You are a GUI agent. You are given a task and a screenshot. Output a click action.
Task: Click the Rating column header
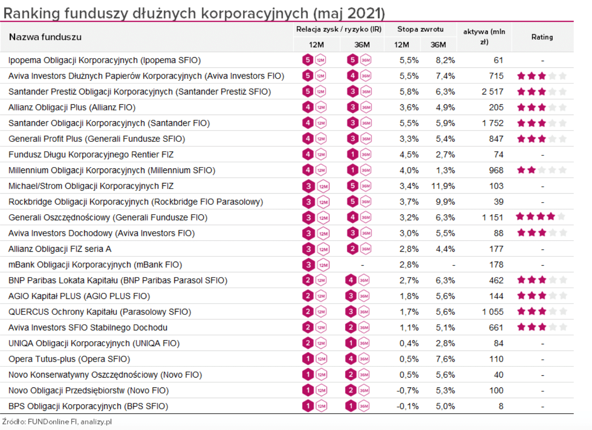[x=542, y=37]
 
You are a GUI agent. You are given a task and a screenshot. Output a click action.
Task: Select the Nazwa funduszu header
[x=45, y=37]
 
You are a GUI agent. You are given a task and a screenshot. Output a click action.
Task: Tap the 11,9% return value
[x=443, y=186]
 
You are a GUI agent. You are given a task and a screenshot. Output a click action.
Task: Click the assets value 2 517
[x=492, y=92]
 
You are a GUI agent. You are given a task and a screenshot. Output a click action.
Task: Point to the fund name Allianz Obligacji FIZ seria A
[x=60, y=249]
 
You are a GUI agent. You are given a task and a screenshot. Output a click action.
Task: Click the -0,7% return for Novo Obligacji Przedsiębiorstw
[x=407, y=390]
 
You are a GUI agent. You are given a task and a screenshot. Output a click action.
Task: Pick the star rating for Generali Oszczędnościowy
[x=541, y=217]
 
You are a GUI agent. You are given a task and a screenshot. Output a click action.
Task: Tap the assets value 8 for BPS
[x=500, y=406]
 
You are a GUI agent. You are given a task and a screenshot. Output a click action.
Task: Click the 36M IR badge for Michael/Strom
[x=359, y=186]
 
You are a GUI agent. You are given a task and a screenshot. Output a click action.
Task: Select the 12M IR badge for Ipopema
[x=314, y=60]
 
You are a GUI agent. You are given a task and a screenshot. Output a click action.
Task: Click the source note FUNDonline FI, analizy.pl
[x=70, y=422]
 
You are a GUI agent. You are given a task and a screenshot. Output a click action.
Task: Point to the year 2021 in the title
[x=364, y=13]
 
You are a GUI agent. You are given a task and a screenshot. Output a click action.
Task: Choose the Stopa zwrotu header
[x=420, y=29]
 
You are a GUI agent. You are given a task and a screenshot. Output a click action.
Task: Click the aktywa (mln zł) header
[x=484, y=37]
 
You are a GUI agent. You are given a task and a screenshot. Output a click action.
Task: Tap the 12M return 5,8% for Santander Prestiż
[x=409, y=92]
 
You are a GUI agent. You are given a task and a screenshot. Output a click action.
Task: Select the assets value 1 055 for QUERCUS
[x=492, y=312]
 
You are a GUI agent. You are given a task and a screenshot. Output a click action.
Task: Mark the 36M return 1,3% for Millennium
[x=445, y=170]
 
